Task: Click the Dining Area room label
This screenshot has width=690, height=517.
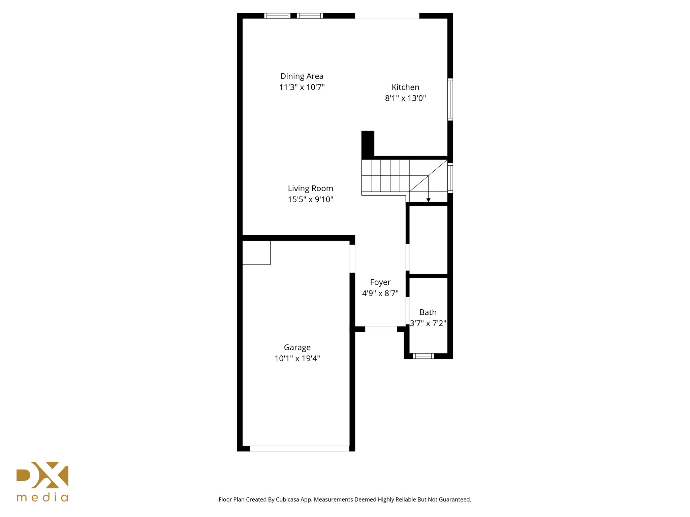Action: pos(302,76)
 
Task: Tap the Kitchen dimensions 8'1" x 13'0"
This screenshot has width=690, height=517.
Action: pos(405,98)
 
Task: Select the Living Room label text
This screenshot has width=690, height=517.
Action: pos(310,188)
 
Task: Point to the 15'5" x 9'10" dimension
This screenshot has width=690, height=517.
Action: pos(310,199)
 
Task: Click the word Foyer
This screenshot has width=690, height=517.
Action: pos(380,282)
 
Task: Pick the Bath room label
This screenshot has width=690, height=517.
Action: pos(428,312)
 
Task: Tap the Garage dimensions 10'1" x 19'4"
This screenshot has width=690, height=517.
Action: pos(297,358)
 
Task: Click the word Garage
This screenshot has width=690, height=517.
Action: pos(297,347)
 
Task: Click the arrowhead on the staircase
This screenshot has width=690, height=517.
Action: pos(428,200)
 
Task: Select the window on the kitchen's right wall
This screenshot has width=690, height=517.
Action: pos(450,99)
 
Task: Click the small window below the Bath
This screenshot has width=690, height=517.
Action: pos(423,356)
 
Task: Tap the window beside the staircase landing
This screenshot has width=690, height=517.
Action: pos(450,178)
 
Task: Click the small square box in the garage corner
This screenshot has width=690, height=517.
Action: pos(256,252)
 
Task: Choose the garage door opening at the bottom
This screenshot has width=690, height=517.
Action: pos(299,448)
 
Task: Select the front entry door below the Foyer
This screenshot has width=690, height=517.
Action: pos(381,329)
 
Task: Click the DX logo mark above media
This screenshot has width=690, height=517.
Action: pos(42,475)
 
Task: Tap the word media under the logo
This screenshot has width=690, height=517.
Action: pos(42,497)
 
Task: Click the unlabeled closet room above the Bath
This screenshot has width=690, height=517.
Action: pos(428,240)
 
